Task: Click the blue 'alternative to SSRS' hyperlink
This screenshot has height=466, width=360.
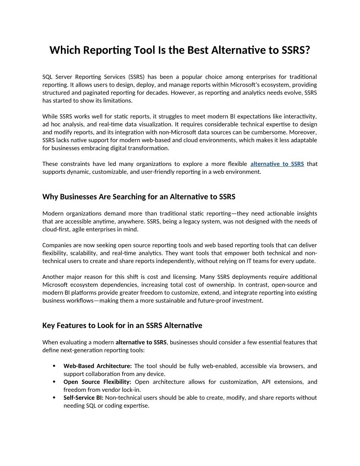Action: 277,164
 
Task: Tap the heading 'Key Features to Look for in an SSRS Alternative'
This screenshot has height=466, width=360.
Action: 122,326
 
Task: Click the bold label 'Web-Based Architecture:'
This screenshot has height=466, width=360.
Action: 97,366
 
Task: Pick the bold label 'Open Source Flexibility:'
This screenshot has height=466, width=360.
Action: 97,382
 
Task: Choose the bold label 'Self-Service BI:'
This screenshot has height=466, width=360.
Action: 83,398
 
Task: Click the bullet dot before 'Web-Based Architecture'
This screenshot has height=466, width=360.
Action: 54,366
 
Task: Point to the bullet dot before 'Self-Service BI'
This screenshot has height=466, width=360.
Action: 54,398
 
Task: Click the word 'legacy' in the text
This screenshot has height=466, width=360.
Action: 182,222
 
